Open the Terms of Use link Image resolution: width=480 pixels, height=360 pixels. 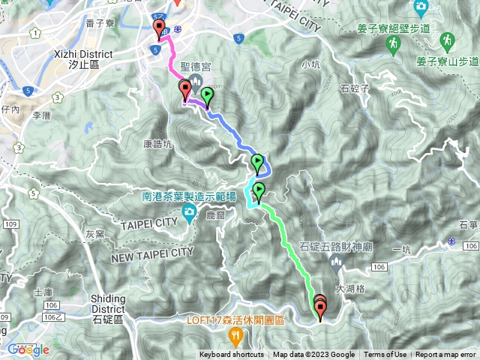[x=385, y=355]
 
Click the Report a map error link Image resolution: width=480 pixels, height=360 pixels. [x=445, y=355]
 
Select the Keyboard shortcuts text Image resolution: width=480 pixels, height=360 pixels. [x=231, y=355]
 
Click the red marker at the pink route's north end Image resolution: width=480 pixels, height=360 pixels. [x=159, y=29]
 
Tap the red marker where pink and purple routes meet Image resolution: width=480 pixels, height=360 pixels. [x=184, y=90]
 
